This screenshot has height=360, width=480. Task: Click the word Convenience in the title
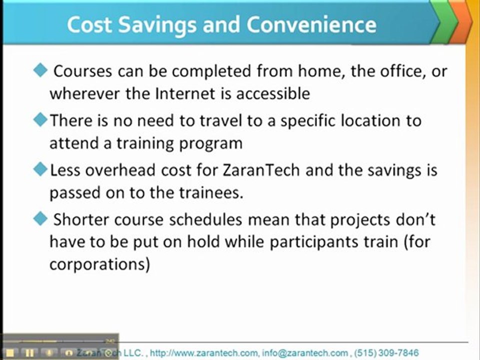(311, 25)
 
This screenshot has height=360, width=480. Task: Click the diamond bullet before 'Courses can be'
(40, 70)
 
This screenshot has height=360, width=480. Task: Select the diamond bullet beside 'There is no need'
(40, 119)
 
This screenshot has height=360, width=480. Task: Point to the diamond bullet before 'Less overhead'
(40, 169)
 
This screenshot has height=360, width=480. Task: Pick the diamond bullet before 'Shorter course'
(40, 219)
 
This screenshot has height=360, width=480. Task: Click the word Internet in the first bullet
(185, 93)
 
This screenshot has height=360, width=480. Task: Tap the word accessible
(273, 93)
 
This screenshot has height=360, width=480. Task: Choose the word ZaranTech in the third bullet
(261, 170)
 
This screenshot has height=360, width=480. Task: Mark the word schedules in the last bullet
(205, 219)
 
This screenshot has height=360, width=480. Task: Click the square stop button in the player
(10, 353)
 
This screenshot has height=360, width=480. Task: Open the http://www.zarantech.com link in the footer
(204, 353)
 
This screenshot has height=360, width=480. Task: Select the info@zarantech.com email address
(305, 353)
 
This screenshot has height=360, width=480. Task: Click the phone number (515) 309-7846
(386, 353)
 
